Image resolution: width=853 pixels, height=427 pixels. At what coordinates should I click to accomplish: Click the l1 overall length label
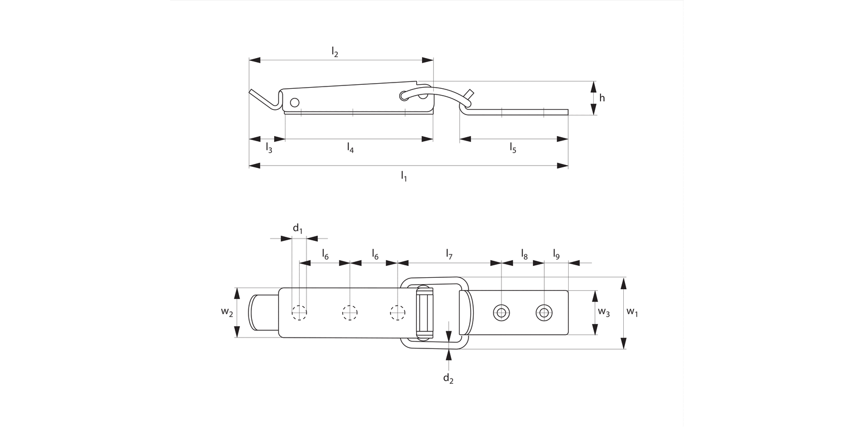[404, 176]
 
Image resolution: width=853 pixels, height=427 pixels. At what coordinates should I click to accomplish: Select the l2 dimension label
[335, 52]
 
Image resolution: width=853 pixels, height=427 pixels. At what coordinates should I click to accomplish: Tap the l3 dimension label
[269, 148]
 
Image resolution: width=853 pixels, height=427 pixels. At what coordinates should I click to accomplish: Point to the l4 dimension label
[350, 148]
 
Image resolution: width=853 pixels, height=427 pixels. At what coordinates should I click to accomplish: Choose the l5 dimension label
[513, 148]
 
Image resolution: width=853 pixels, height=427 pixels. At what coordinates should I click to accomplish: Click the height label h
[602, 98]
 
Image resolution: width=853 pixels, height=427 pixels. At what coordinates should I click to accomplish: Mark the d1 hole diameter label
[297, 229]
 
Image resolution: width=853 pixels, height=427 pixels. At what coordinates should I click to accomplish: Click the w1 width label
[632, 312]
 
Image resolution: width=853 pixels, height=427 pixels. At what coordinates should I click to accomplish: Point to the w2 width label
[226, 312]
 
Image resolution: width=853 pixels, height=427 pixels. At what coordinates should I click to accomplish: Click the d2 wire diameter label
[448, 378]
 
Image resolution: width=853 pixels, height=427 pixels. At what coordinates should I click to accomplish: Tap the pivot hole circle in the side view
[294, 102]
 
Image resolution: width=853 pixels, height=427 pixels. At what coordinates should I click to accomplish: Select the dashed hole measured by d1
[299, 312]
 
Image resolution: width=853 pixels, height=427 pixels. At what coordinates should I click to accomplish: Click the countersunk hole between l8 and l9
[544, 312]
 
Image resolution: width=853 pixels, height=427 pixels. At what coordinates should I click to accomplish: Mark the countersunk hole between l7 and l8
[501, 312]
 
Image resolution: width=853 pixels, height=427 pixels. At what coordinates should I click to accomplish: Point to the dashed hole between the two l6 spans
[349, 312]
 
